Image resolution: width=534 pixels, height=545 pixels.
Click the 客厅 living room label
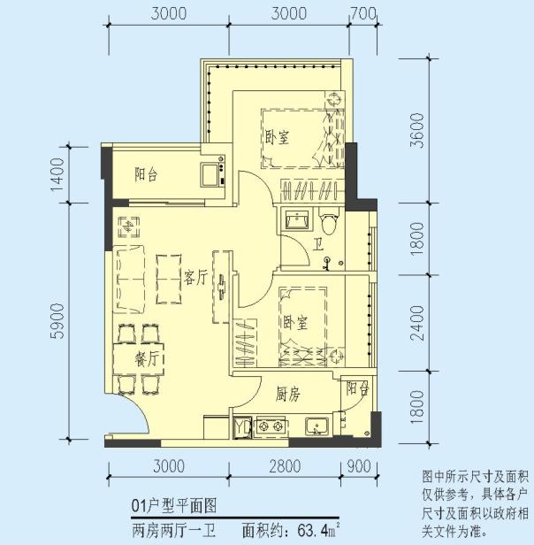tap(195, 278)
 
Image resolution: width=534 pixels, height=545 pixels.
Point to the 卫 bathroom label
tap(317, 246)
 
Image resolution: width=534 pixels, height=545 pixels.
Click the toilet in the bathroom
tap(330, 219)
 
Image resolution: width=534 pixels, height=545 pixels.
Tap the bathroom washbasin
tap(295, 219)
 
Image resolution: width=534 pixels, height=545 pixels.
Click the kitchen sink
tap(317, 429)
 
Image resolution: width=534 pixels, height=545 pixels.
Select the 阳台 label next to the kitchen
tap(357, 388)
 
